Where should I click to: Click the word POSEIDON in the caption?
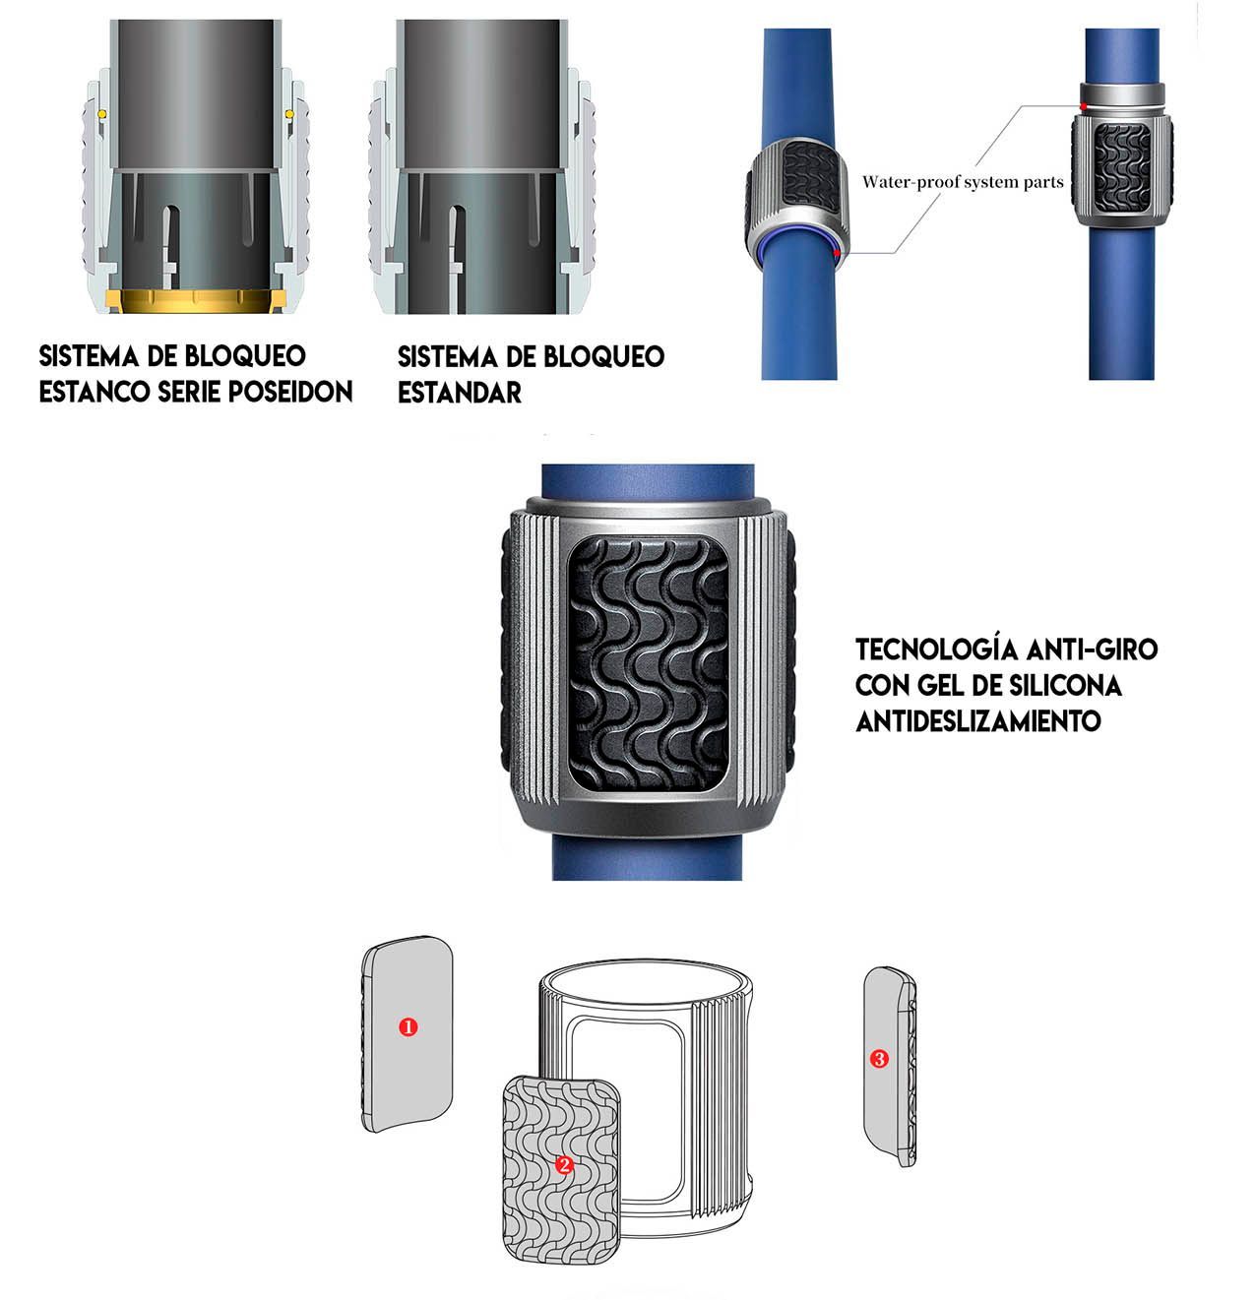tap(290, 392)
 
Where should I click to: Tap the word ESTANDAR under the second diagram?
tap(460, 392)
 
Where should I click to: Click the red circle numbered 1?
tap(408, 1026)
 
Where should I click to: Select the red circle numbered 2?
tap(565, 1165)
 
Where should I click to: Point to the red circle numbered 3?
tap(879, 1059)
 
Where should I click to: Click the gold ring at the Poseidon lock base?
tap(196, 301)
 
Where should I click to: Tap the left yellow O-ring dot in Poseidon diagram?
tap(101, 114)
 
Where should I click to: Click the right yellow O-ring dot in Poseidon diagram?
tap(289, 114)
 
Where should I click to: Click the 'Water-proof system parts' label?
tap(963, 182)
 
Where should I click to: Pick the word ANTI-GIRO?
tap(1092, 650)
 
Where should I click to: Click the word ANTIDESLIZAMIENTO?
tap(978, 721)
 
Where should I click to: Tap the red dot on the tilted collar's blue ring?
tap(836, 253)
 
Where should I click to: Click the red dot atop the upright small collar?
tap(1084, 106)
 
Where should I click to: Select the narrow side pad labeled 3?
tap(890, 1066)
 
